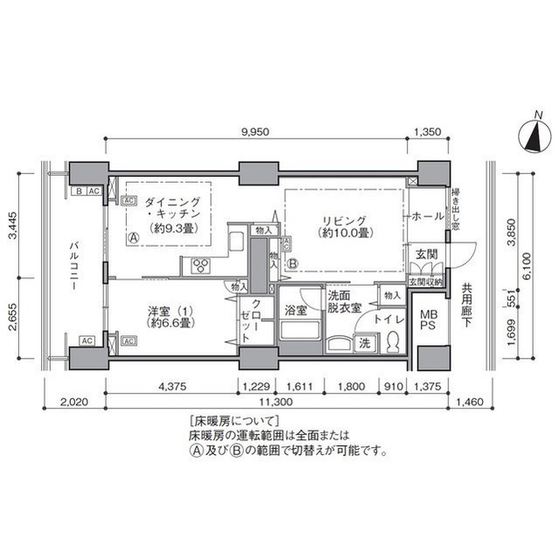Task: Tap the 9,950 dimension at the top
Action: coord(256,131)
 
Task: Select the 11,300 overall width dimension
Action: coord(279,402)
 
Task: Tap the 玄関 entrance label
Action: coord(425,253)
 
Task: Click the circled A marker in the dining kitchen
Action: coord(132,237)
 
